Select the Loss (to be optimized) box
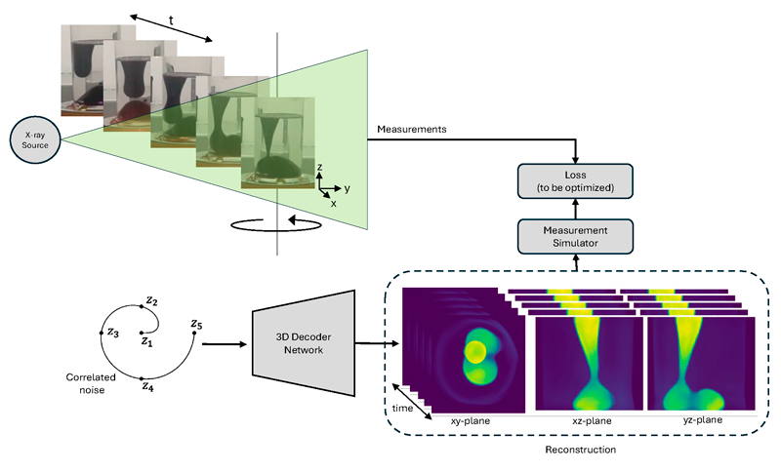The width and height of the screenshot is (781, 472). (575, 181)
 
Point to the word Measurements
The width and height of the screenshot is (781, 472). (411, 129)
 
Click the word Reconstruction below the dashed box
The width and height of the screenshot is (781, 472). (579, 452)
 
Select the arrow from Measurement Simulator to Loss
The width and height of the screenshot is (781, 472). (575, 208)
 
